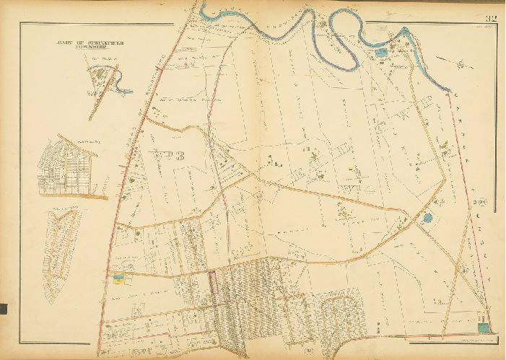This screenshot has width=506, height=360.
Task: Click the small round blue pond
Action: pyautogui.click(x=428, y=217)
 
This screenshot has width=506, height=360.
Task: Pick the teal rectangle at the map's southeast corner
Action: pyautogui.click(x=482, y=328)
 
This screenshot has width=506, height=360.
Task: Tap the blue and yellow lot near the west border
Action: pyautogui.click(x=118, y=276)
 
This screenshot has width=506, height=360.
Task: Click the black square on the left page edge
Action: pyautogui.click(x=3, y=309)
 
